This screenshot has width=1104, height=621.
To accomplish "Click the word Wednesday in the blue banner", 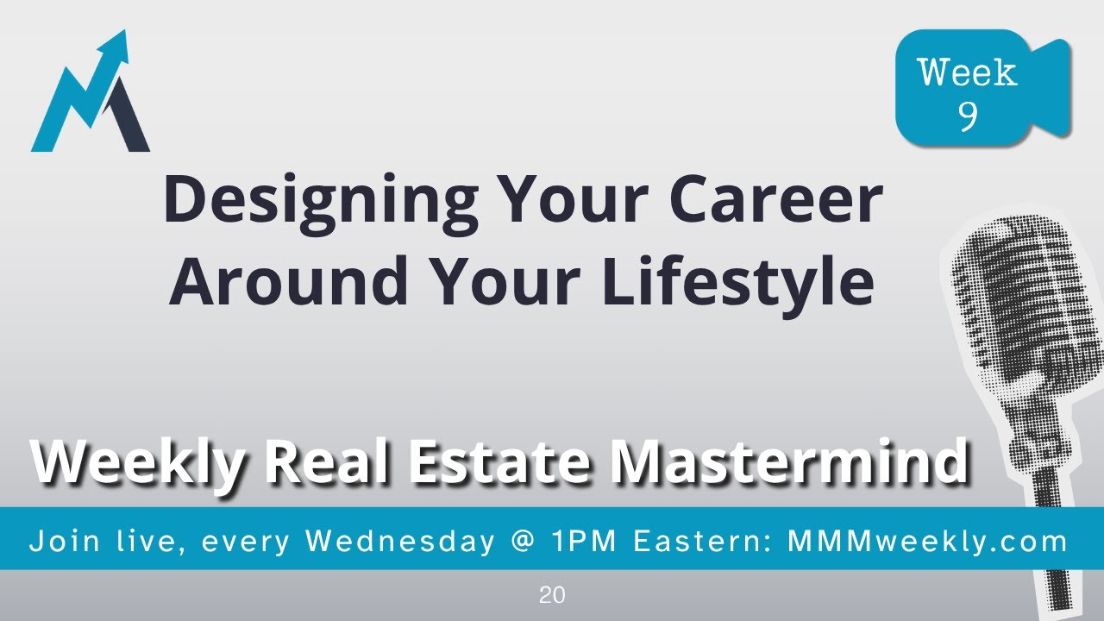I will (400, 542).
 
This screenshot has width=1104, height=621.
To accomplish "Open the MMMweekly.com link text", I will (928, 542).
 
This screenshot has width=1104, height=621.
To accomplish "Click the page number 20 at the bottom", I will (552, 595).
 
